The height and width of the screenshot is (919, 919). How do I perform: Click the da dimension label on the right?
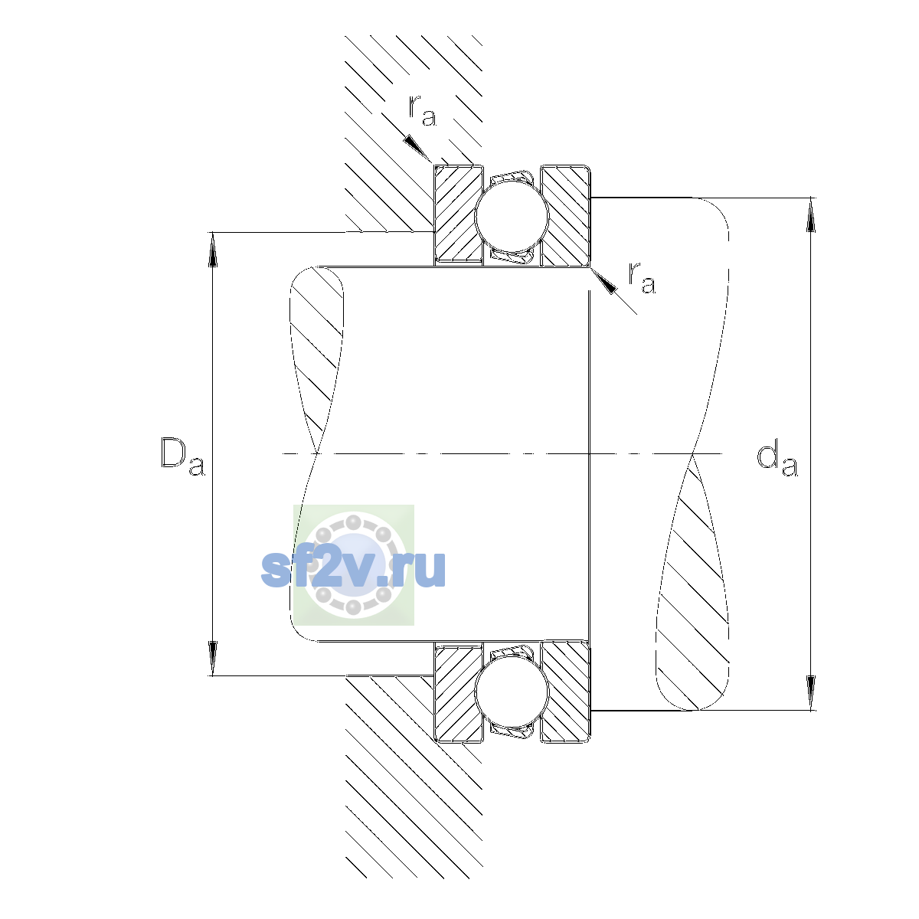(x=777, y=461)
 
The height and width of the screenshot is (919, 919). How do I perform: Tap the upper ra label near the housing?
(x=422, y=110)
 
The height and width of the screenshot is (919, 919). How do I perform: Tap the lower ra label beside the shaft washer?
(x=642, y=277)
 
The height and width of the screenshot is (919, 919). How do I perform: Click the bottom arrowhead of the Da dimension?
(x=213, y=658)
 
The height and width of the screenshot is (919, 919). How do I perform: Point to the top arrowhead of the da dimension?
(x=810, y=214)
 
